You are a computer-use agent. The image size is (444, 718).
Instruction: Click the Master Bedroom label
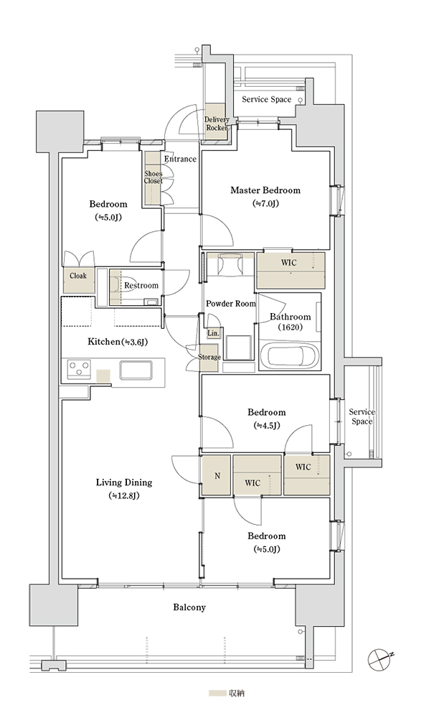(265, 190)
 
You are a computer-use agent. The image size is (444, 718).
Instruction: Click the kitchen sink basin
(136, 370)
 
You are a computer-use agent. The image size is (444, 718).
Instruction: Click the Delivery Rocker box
(216, 123)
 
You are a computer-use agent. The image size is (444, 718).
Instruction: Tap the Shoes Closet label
(153, 177)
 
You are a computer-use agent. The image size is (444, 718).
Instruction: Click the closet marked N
(217, 475)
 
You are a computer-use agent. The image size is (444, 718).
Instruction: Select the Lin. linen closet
(213, 333)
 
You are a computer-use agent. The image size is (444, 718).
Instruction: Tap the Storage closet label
(209, 357)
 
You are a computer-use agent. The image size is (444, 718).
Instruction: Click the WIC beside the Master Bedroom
(291, 270)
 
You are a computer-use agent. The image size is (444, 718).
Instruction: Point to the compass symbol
(380, 659)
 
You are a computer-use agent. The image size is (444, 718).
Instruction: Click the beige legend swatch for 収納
(217, 694)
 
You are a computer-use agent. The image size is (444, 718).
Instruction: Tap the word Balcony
(189, 607)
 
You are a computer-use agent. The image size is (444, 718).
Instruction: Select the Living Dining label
(124, 482)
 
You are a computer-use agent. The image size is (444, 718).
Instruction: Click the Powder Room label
(231, 303)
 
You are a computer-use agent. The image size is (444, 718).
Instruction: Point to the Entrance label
(180, 159)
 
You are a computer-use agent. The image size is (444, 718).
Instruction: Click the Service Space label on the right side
(362, 416)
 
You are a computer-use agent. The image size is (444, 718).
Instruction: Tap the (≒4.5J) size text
(266, 425)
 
